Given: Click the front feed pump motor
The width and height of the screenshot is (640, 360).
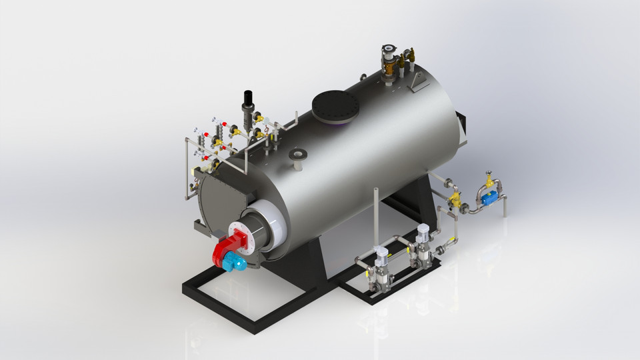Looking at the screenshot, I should pos(381,257).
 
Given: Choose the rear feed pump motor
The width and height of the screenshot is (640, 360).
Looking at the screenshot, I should pos(422,235).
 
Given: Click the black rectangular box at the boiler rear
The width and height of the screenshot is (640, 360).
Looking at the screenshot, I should pos(464,123).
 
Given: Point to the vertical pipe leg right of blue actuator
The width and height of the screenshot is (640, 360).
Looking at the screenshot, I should pos(505,207).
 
